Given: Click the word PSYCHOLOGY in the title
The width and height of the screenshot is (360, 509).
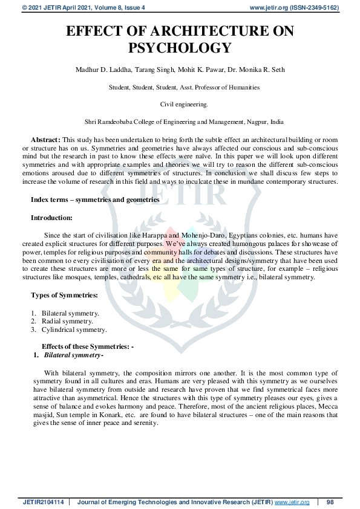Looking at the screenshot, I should point(180,48).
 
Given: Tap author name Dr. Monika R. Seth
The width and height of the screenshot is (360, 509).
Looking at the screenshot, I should point(243,70).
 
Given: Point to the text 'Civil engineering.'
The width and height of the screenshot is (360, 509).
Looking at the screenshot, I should point(180,104).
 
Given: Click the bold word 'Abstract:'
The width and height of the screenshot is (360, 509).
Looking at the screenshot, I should point(45,138).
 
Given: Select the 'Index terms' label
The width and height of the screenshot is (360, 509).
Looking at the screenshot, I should point(52,199).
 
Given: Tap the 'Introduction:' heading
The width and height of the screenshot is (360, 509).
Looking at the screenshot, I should point(51,217).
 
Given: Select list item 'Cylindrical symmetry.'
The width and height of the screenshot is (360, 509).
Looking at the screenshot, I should point(74,330).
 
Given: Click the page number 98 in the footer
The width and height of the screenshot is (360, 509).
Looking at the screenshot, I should point(330,502).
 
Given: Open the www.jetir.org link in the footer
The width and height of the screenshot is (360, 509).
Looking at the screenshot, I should point(292,502).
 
